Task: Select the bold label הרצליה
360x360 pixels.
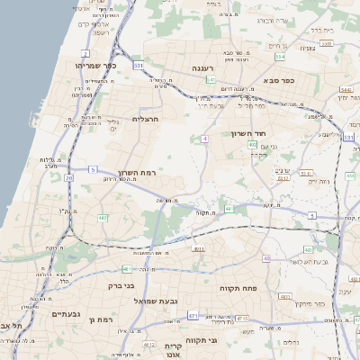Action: point(146,119)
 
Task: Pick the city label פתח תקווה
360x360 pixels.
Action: point(238,287)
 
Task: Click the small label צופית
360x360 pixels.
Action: point(308,48)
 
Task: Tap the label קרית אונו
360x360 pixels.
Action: point(174,350)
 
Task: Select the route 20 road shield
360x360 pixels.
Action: point(69,177)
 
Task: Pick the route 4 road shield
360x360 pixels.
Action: point(205,139)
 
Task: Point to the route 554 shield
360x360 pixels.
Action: point(280,57)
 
